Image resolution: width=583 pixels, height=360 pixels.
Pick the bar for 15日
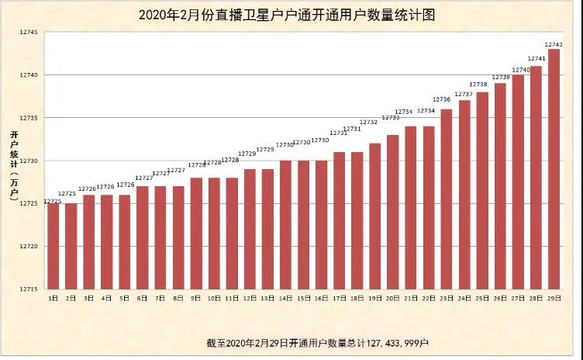[303, 225]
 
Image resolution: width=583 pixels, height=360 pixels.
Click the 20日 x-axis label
[392, 298]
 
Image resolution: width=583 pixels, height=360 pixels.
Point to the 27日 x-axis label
[517, 298]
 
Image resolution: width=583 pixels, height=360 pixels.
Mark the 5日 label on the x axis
[125, 298]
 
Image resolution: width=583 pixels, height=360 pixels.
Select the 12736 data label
[441, 99]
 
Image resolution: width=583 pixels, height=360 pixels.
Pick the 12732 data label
[368, 122]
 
